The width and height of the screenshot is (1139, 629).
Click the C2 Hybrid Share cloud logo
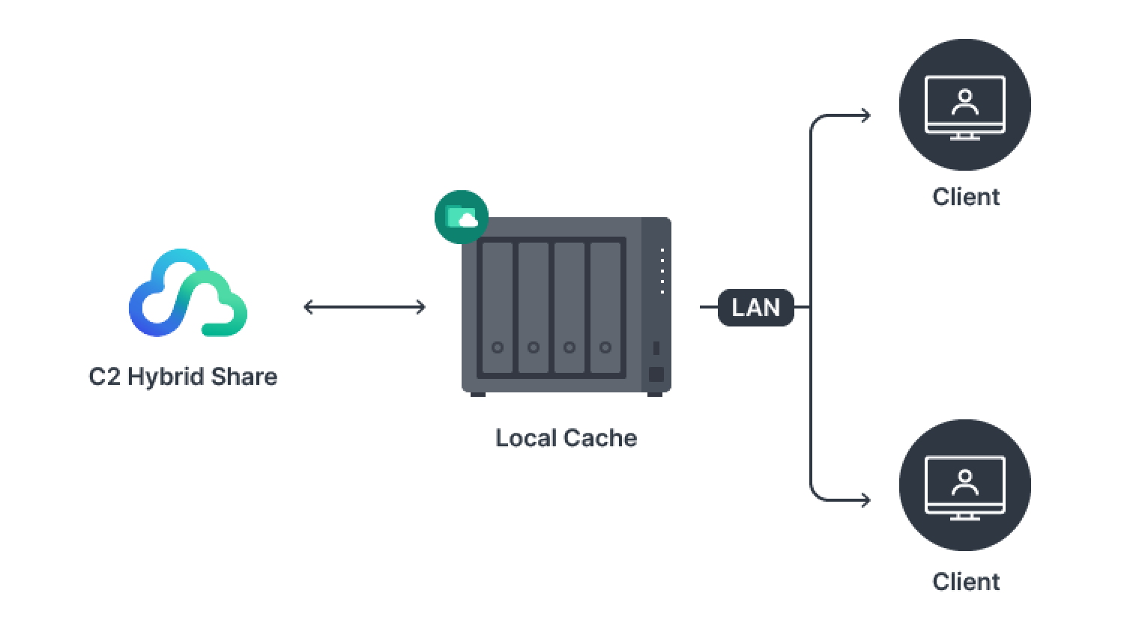click(187, 292)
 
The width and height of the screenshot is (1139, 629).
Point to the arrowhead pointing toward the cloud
click(306, 307)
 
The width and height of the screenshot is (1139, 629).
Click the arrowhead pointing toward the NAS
click(420, 307)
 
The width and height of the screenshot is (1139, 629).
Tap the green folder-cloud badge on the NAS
click(462, 217)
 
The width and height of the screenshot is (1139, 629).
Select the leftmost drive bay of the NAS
click(497, 307)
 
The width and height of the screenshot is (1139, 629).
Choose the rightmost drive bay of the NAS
click(605, 307)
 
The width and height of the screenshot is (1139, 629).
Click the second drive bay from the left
click(533, 307)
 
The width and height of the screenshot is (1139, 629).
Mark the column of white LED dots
click(662, 270)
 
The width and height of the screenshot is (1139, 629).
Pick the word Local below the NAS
click(522, 438)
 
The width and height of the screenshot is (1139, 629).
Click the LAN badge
click(755, 307)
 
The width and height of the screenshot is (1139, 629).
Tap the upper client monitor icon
click(965, 105)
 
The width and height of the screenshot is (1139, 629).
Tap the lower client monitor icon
click(965, 485)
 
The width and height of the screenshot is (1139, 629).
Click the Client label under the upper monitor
click(965, 197)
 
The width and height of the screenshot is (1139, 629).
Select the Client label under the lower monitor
click(965, 582)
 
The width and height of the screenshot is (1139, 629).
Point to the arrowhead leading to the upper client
click(865, 115)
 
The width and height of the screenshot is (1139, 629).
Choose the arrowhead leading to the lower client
click(865, 499)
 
